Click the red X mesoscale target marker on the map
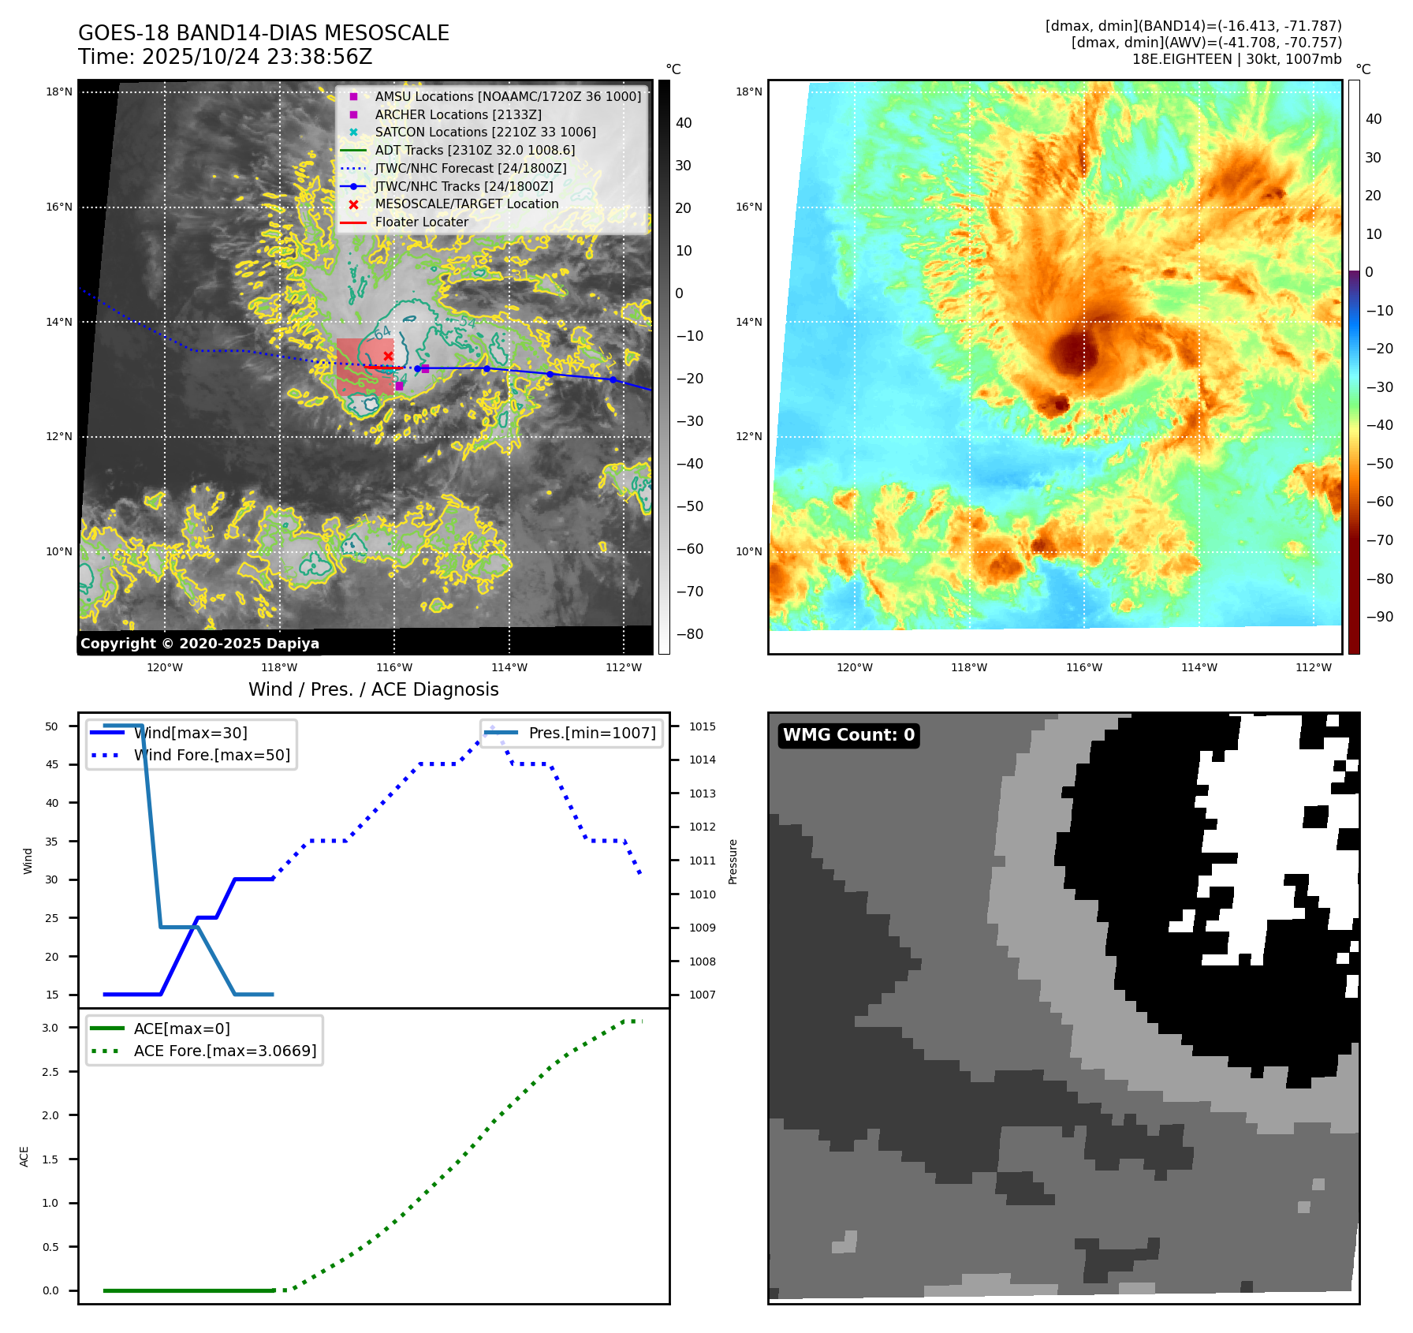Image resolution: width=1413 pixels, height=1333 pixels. click(388, 357)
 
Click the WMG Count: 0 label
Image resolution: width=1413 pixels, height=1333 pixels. click(848, 735)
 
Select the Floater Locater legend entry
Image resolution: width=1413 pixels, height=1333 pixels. click(421, 222)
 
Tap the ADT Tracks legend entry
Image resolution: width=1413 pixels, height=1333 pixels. click(475, 150)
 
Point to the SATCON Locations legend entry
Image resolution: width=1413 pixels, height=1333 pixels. click(485, 133)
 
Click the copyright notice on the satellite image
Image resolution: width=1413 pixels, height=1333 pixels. click(199, 644)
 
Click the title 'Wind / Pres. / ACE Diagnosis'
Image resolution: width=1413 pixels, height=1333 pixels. click(373, 689)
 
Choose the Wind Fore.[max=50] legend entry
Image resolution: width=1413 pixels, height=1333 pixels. click(211, 755)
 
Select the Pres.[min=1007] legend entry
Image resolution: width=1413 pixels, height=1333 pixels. click(591, 733)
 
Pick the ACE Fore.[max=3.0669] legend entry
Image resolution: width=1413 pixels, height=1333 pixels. click(225, 1051)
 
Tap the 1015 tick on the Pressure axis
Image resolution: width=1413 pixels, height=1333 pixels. click(703, 726)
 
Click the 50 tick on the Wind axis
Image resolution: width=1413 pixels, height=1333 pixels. click(52, 726)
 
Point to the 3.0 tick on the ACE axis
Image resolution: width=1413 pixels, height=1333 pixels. click(50, 1028)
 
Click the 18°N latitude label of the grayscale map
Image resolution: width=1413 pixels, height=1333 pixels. click(59, 92)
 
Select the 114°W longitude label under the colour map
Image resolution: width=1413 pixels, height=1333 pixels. click(1199, 668)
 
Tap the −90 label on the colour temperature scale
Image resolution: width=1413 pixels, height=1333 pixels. click(1379, 617)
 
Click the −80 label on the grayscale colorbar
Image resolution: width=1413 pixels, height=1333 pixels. click(690, 634)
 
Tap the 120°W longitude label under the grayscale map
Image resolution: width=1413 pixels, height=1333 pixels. click(165, 668)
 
